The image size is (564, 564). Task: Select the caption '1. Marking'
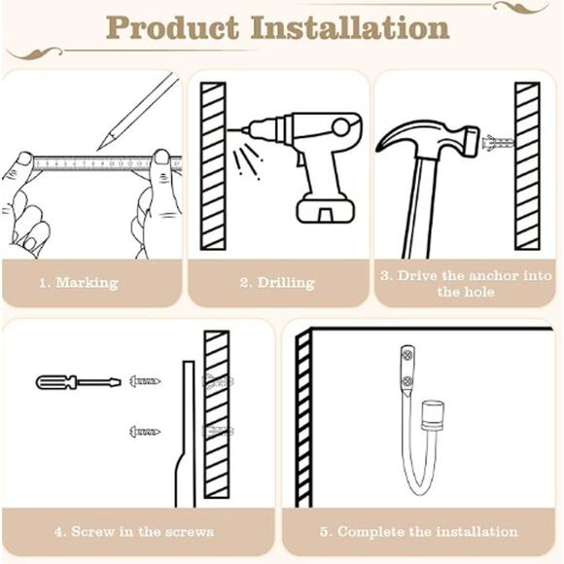coord(79,283)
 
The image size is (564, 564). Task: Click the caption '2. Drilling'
coord(277,283)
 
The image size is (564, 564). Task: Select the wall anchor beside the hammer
coord(497,143)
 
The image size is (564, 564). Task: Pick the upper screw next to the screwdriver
coord(143,381)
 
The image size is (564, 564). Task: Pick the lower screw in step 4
coord(144,431)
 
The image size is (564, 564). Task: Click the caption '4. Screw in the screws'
coord(133,532)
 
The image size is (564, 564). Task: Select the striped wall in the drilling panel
coord(213,165)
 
